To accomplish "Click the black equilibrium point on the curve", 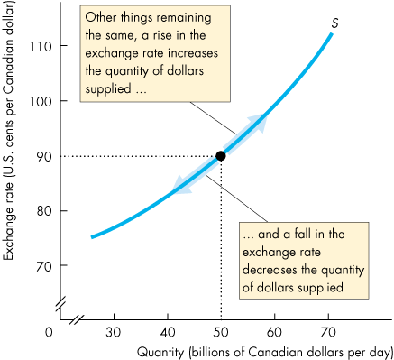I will (x=221, y=155).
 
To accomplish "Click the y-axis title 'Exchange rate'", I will (x=11, y=171).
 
